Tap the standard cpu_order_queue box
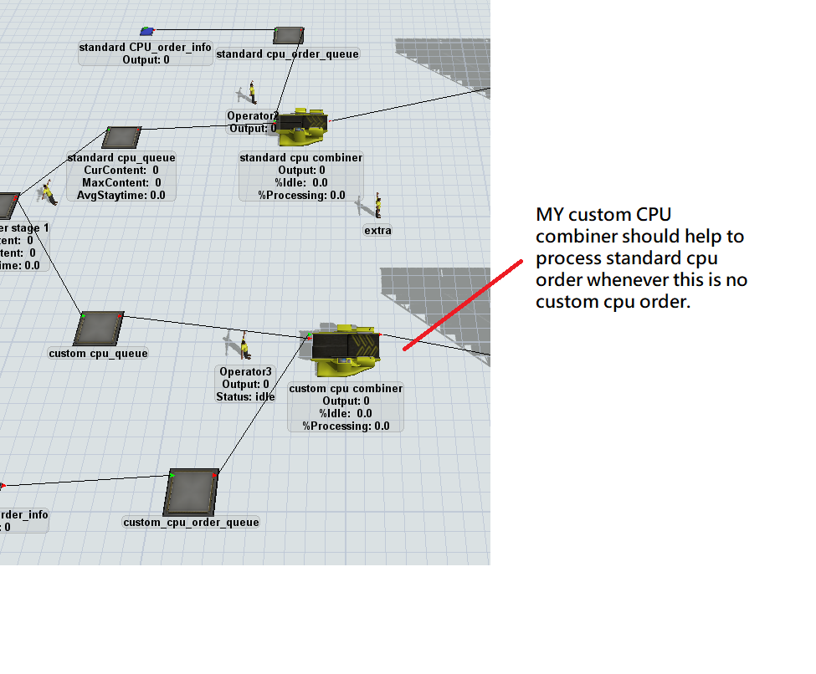288,35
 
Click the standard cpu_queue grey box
122,138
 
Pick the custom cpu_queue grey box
99,328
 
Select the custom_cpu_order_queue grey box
192,492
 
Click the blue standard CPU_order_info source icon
146,32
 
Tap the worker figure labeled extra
377,205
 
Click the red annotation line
460,305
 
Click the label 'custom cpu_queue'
98,354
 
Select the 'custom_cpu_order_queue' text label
192,523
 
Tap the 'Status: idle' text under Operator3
245,397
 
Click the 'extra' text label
377,231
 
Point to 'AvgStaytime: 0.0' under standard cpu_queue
122,195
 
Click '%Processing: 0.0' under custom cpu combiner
346,426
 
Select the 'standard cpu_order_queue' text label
287,54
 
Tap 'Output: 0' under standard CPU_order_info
146,59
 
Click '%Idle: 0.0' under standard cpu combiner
301,182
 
